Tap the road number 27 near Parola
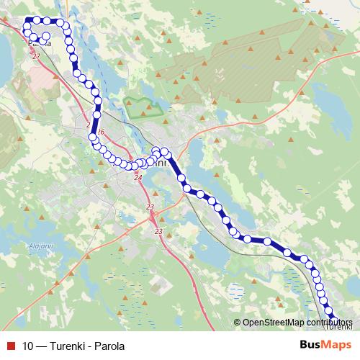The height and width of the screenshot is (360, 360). [36, 55]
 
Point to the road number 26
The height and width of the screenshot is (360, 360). [101, 132]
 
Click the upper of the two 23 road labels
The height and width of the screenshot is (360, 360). [150, 207]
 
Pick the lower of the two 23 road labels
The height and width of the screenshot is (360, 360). [158, 232]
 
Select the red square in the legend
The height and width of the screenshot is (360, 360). [12, 346]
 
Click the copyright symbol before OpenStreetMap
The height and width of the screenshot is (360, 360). [237, 322]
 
